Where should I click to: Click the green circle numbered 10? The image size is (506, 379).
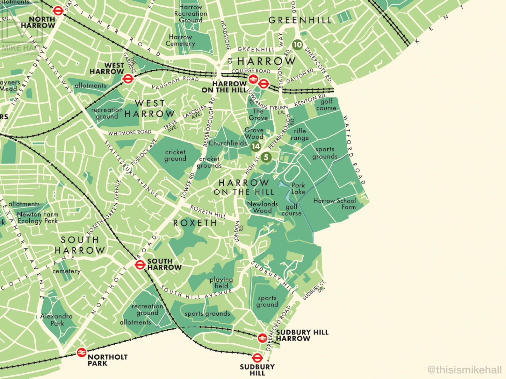click(297, 45)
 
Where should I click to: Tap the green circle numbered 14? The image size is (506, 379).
click(256, 146)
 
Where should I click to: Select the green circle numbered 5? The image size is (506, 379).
click(266, 157)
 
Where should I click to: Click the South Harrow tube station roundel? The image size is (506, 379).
click(140, 264)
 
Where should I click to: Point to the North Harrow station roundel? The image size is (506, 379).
click(58, 11)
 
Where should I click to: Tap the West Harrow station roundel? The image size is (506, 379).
click(128, 79)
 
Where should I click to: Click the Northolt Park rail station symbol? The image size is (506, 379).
click(82, 352)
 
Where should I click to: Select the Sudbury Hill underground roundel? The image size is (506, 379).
click(257, 358)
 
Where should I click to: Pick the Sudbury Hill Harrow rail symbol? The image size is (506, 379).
click(262, 338)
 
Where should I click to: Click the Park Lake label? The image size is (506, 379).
click(298, 188)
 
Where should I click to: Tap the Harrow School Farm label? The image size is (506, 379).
click(335, 204)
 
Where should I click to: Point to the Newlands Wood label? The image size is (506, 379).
click(263, 207)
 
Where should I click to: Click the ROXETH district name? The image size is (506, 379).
click(195, 223)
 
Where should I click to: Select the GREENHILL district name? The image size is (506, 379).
click(300, 20)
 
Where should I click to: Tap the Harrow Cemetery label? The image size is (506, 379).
click(180, 40)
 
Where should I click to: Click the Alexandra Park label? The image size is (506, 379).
click(57, 319)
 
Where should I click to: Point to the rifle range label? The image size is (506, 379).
click(300, 134)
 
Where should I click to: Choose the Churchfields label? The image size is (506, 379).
click(228, 143)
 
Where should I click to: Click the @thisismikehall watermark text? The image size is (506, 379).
click(465, 369)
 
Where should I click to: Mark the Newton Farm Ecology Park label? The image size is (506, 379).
click(38, 218)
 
